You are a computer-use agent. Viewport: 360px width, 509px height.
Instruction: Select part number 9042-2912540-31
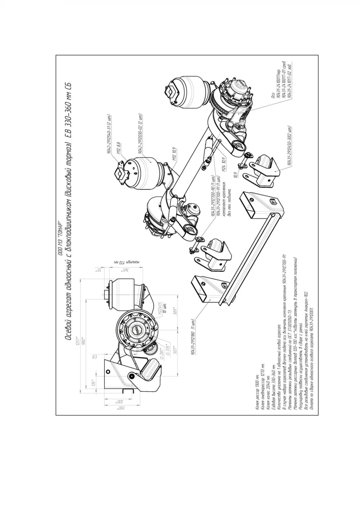pyautogui.click(x=108, y=135)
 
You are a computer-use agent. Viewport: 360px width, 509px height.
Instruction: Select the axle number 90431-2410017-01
pyautogui.click(x=283, y=80)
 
